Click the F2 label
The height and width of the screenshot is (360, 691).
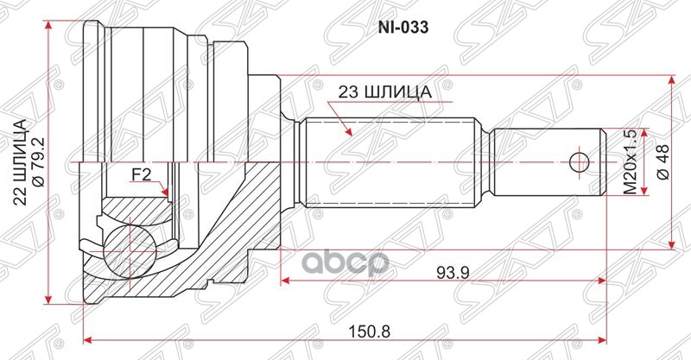[142, 174]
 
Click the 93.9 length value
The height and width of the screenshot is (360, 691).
[447, 272]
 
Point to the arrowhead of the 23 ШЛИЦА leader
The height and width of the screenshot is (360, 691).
[349, 134]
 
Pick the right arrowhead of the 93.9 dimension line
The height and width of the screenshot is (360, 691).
[600, 281]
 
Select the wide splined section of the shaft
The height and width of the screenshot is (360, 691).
[389, 161]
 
